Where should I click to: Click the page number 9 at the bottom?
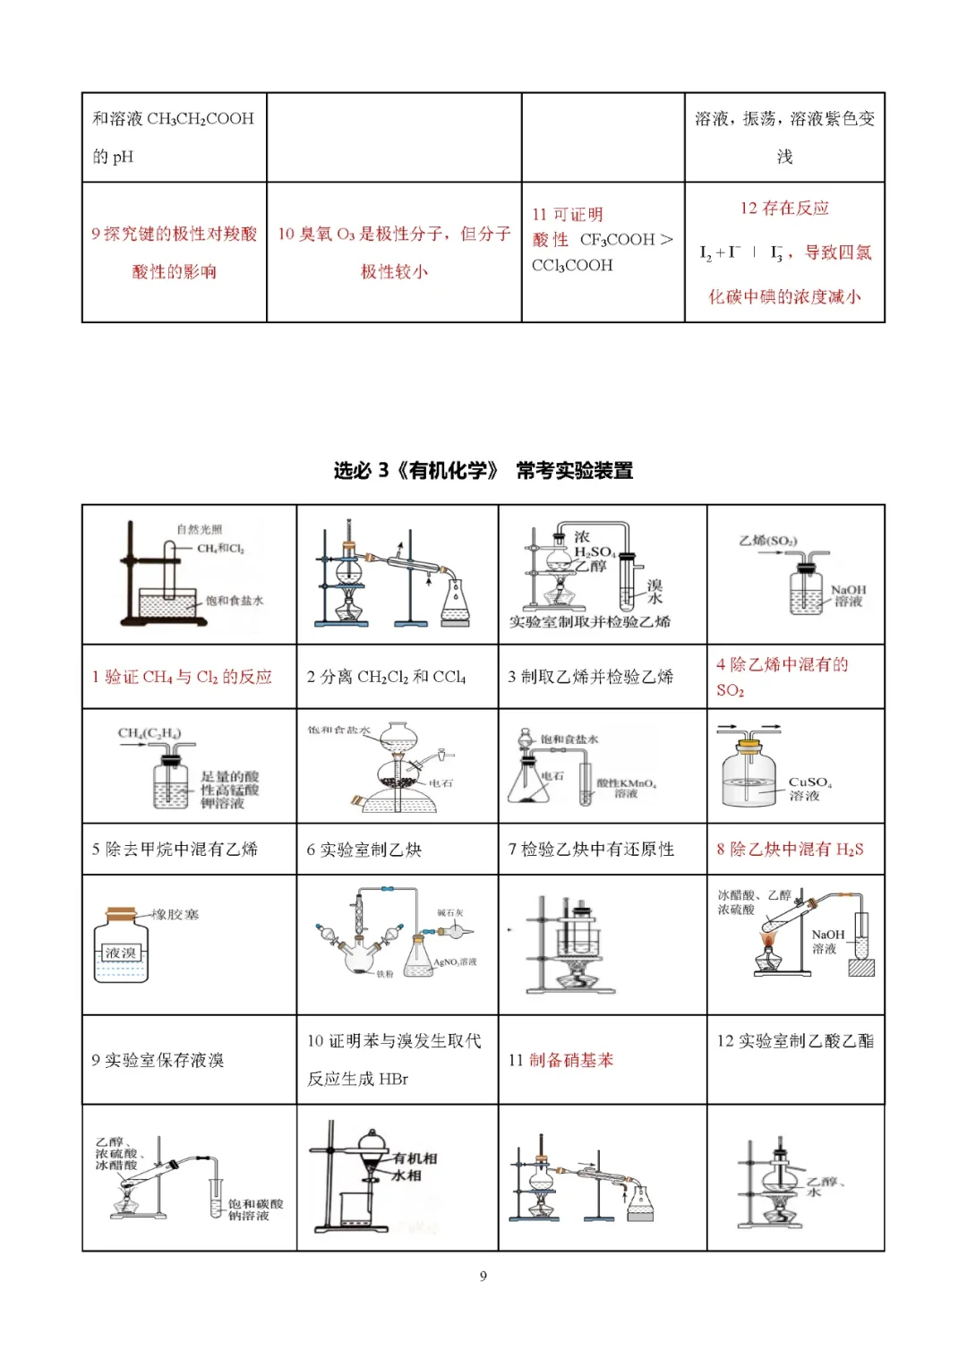click(483, 1276)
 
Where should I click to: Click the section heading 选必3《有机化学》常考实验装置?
click(483, 470)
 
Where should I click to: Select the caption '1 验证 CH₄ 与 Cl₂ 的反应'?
click(182, 677)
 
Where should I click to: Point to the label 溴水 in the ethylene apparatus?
click(655, 591)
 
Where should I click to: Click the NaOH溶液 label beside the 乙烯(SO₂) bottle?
click(848, 595)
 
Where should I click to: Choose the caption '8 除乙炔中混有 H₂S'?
click(790, 849)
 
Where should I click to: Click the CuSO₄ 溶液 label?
click(809, 788)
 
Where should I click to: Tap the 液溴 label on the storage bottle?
click(120, 953)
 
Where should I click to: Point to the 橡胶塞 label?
click(175, 914)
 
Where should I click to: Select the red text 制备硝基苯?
click(571, 1060)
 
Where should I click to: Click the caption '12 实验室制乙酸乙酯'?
click(795, 1040)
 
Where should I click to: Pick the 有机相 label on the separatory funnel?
click(415, 1158)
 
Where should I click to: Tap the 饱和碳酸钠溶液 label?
click(255, 1209)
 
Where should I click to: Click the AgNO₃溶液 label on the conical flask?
click(455, 961)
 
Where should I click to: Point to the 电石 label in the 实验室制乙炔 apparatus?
click(441, 782)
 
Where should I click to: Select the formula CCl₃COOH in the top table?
click(572, 265)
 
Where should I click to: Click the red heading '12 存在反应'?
click(784, 208)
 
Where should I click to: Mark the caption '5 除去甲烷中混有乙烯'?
click(175, 849)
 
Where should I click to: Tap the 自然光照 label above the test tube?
click(199, 529)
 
